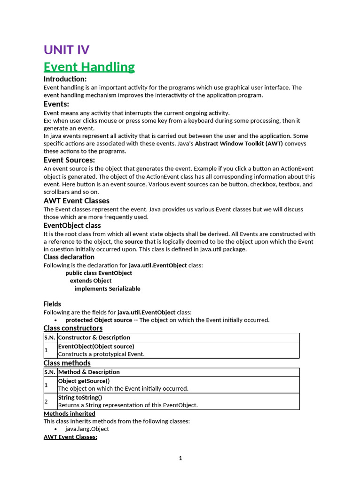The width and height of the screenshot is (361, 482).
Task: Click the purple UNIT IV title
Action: point(66,49)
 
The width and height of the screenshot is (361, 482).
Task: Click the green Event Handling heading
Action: point(89,67)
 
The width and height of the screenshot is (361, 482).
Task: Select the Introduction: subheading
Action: point(65,79)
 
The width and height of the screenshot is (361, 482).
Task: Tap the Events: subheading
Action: point(56,104)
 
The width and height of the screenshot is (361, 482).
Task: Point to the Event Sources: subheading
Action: point(69,160)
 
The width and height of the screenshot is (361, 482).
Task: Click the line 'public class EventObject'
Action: point(99,273)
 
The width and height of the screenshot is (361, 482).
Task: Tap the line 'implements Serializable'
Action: point(107,289)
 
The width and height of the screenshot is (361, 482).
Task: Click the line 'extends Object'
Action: point(91,281)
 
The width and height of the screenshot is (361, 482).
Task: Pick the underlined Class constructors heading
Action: point(73,328)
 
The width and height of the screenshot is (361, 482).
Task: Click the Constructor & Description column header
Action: point(94,337)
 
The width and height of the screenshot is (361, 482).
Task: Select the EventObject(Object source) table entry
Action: point(96,346)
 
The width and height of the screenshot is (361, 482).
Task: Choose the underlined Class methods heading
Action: point(67,363)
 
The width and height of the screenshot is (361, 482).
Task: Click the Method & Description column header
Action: point(89,372)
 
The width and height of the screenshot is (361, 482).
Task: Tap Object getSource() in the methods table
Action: point(84,381)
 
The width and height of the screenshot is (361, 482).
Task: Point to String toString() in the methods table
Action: point(80,397)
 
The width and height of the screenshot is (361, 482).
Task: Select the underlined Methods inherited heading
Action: point(69,413)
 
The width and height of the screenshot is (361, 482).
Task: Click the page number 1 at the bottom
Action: point(180,458)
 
